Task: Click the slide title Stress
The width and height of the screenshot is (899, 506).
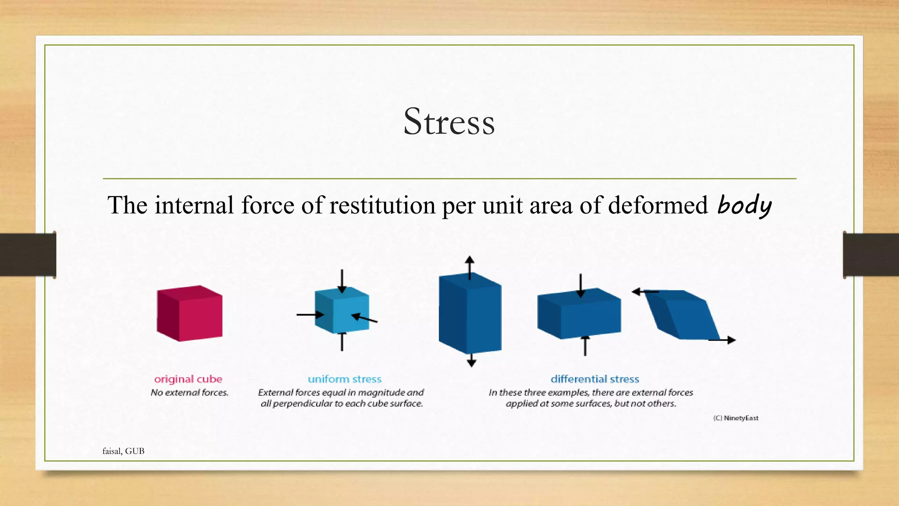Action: tap(449, 122)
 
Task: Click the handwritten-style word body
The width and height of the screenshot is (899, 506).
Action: tap(744, 206)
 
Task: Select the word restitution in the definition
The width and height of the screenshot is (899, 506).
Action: tap(381, 205)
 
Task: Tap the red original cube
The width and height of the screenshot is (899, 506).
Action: tap(190, 314)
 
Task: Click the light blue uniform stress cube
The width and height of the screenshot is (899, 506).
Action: tap(342, 311)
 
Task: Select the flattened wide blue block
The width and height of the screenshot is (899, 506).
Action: tap(579, 314)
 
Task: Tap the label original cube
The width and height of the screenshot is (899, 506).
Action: tap(188, 379)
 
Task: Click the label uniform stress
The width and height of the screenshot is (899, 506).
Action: tap(345, 379)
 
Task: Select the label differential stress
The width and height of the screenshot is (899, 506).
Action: tap(595, 379)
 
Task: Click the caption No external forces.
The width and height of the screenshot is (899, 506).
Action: tap(190, 393)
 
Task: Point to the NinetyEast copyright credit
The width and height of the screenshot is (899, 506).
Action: tap(736, 418)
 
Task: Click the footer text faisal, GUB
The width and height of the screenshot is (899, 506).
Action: tap(123, 451)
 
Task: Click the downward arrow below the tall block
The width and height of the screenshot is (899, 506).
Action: tap(471, 361)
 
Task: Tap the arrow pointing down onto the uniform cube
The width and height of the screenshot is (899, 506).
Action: tap(342, 281)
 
